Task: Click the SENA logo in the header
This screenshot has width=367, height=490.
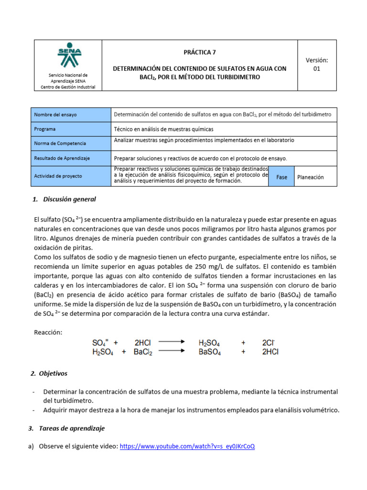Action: tap(69, 56)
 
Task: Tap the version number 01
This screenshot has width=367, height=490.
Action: tap(316, 69)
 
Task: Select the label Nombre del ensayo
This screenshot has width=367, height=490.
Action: tap(55, 115)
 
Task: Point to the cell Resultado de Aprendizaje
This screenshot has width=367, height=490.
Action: tap(62, 158)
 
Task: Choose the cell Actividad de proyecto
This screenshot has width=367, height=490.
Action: tap(58, 176)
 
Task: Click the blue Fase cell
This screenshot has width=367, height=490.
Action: tap(281, 177)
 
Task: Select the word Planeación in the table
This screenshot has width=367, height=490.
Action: tap(310, 177)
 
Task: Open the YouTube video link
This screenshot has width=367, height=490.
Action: tap(187, 446)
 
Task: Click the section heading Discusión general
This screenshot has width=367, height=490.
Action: tap(69, 199)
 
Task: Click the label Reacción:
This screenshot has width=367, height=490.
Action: tap(48, 333)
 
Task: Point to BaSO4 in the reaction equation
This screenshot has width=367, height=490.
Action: tap(209, 352)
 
